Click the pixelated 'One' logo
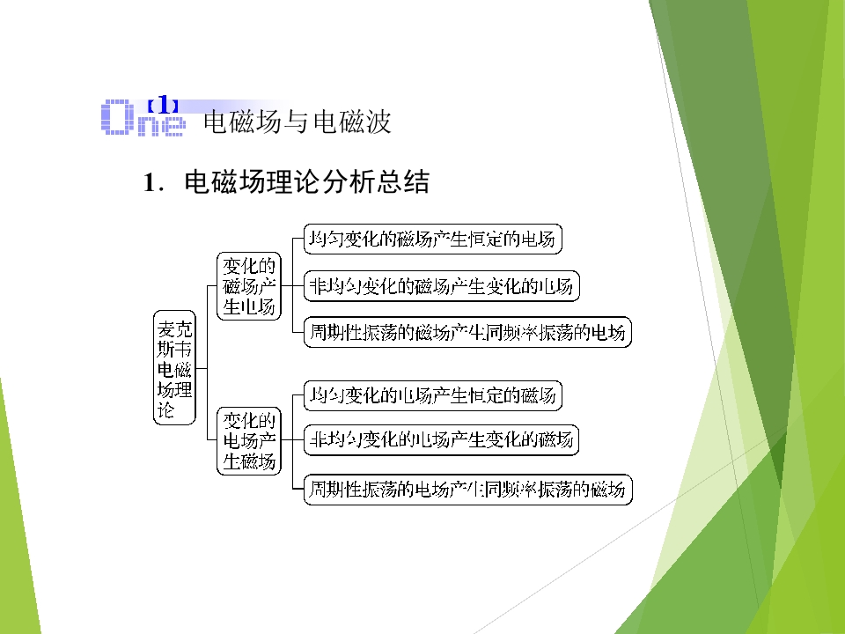coord(143,117)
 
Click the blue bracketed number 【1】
coord(162,105)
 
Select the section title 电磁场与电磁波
coord(297,122)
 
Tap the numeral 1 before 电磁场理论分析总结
coord(150,183)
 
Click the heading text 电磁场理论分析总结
coord(306,181)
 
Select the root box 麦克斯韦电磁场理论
coord(174,368)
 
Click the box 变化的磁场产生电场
coord(249,285)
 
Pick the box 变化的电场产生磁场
coord(249,440)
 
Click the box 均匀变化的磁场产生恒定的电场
coord(433,239)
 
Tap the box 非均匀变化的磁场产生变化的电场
coord(441,285)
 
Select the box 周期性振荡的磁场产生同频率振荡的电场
coord(467,332)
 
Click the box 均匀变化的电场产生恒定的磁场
coord(433,395)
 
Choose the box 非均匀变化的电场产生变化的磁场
coord(441,440)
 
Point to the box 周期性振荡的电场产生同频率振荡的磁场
coord(467,490)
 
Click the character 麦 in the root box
coord(166,328)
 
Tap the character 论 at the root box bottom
coord(166,409)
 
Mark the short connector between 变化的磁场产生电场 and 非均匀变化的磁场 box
coord(292,285)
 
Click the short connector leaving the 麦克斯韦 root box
coord(202,368)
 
